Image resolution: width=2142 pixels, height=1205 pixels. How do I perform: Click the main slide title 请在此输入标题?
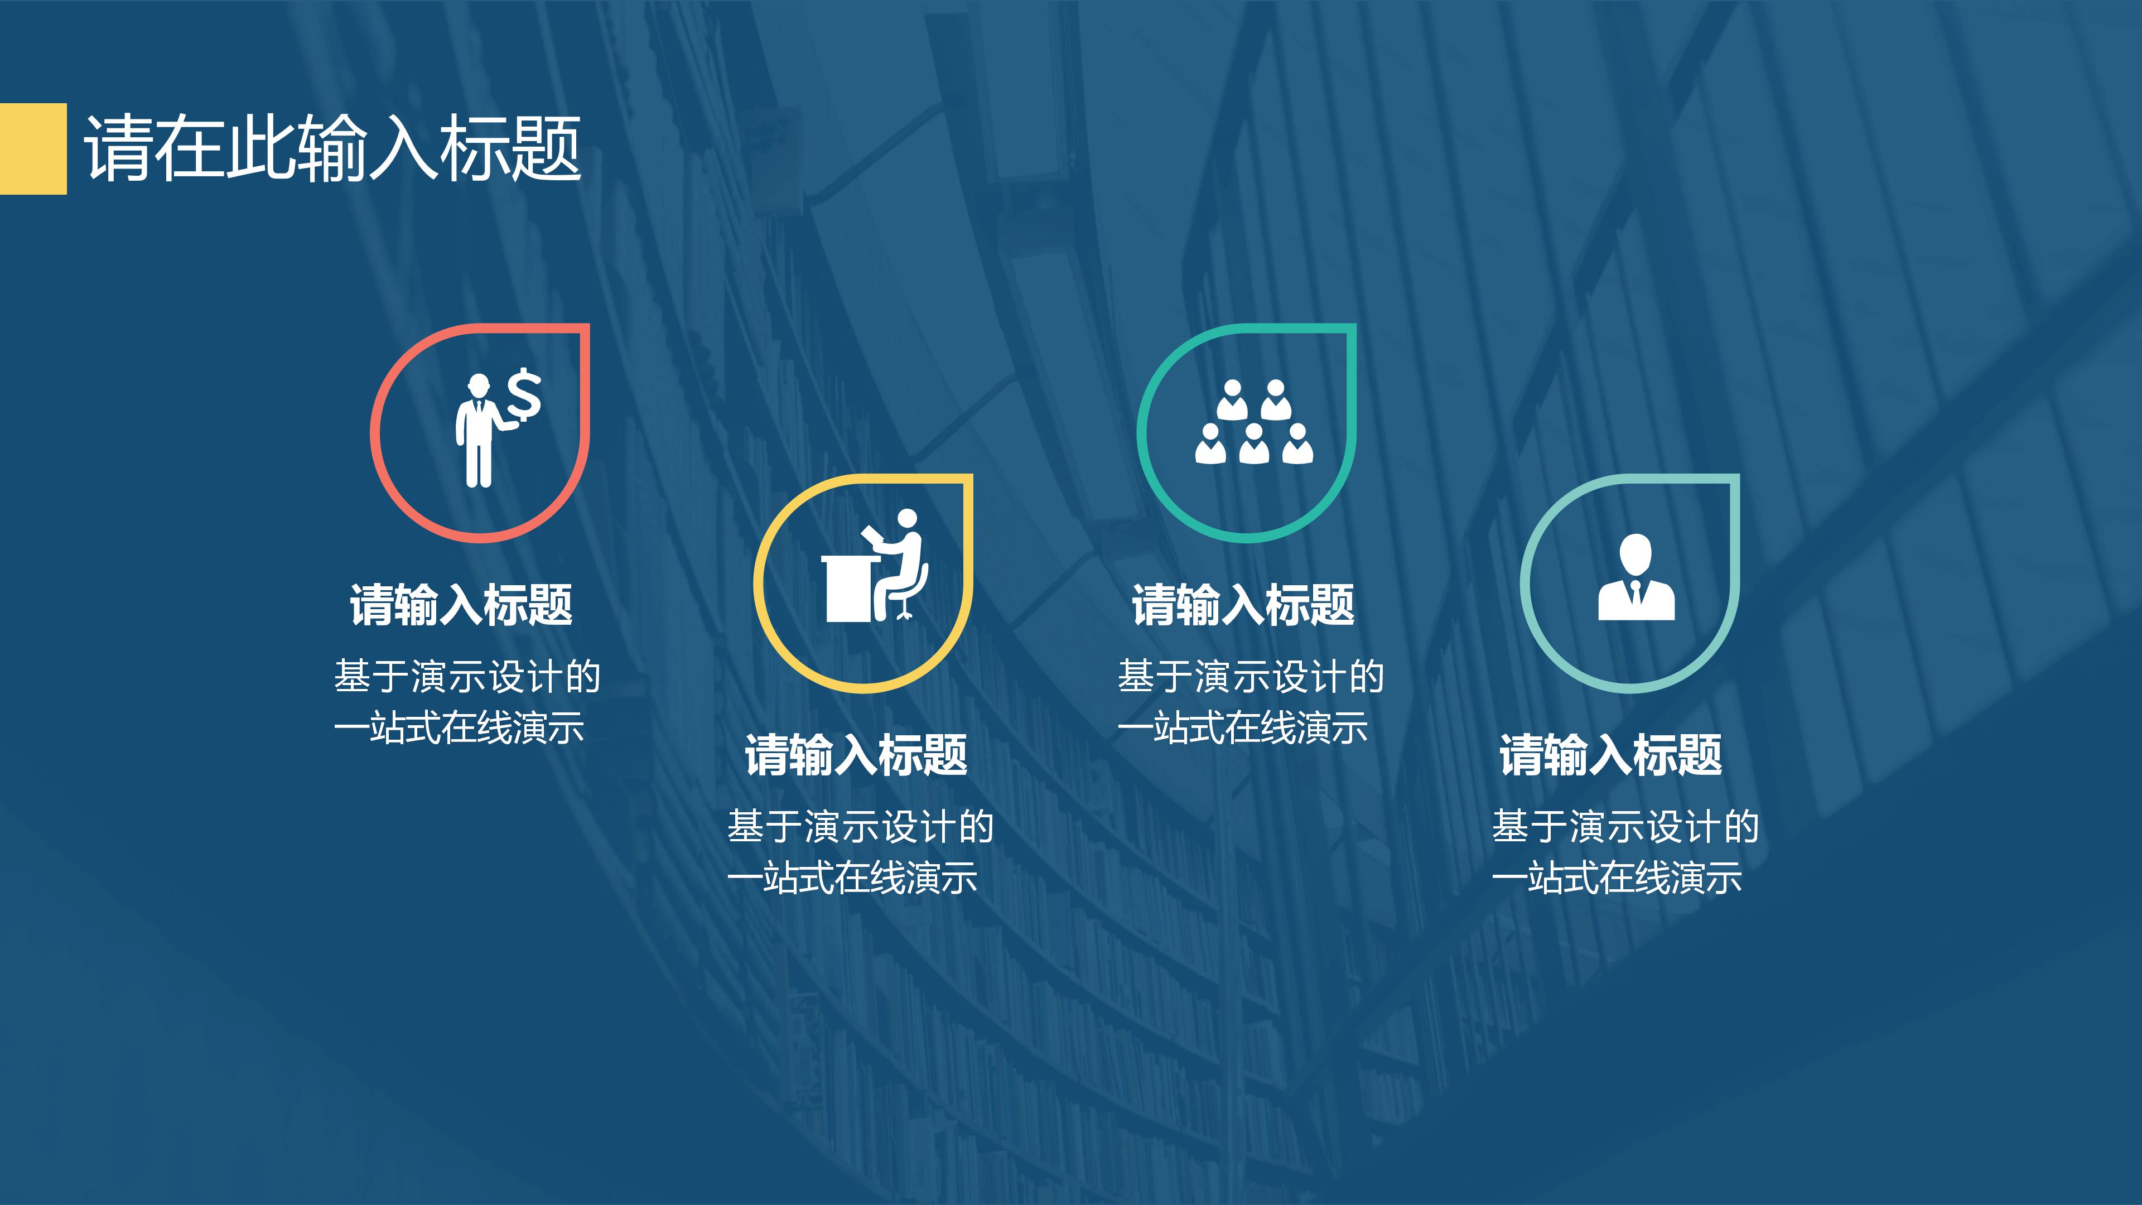332,148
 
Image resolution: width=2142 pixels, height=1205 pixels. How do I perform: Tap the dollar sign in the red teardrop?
524,394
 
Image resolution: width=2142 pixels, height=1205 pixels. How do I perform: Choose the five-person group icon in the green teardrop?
1254,422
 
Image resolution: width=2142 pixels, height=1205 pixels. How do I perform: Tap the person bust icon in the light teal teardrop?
1636,577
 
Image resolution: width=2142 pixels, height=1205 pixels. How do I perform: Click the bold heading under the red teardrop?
461,605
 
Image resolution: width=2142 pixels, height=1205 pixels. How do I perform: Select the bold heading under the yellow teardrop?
856,755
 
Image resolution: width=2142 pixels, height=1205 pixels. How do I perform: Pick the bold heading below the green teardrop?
1243,605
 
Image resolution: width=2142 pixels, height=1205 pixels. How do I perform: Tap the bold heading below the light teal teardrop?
1610,755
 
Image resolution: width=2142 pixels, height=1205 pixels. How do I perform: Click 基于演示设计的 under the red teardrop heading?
467,676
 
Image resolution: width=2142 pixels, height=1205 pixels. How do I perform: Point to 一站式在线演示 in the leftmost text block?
459,727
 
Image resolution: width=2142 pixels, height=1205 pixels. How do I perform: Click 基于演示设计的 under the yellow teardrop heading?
861,827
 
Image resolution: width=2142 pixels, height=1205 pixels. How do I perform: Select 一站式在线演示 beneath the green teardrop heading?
1242,727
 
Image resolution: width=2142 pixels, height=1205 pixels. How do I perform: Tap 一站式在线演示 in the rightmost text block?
1617,878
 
